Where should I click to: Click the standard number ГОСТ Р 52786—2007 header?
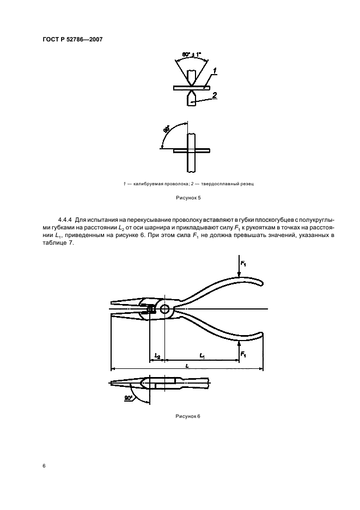(x=72, y=40)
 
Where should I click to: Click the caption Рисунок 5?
(x=188, y=201)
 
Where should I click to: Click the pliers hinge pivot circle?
(x=165, y=309)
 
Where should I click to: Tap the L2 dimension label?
(x=157, y=355)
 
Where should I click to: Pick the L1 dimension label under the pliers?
(x=202, y=355)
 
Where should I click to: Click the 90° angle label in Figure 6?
(x=129, y=398)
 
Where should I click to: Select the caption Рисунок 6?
(x=188, y=416)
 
